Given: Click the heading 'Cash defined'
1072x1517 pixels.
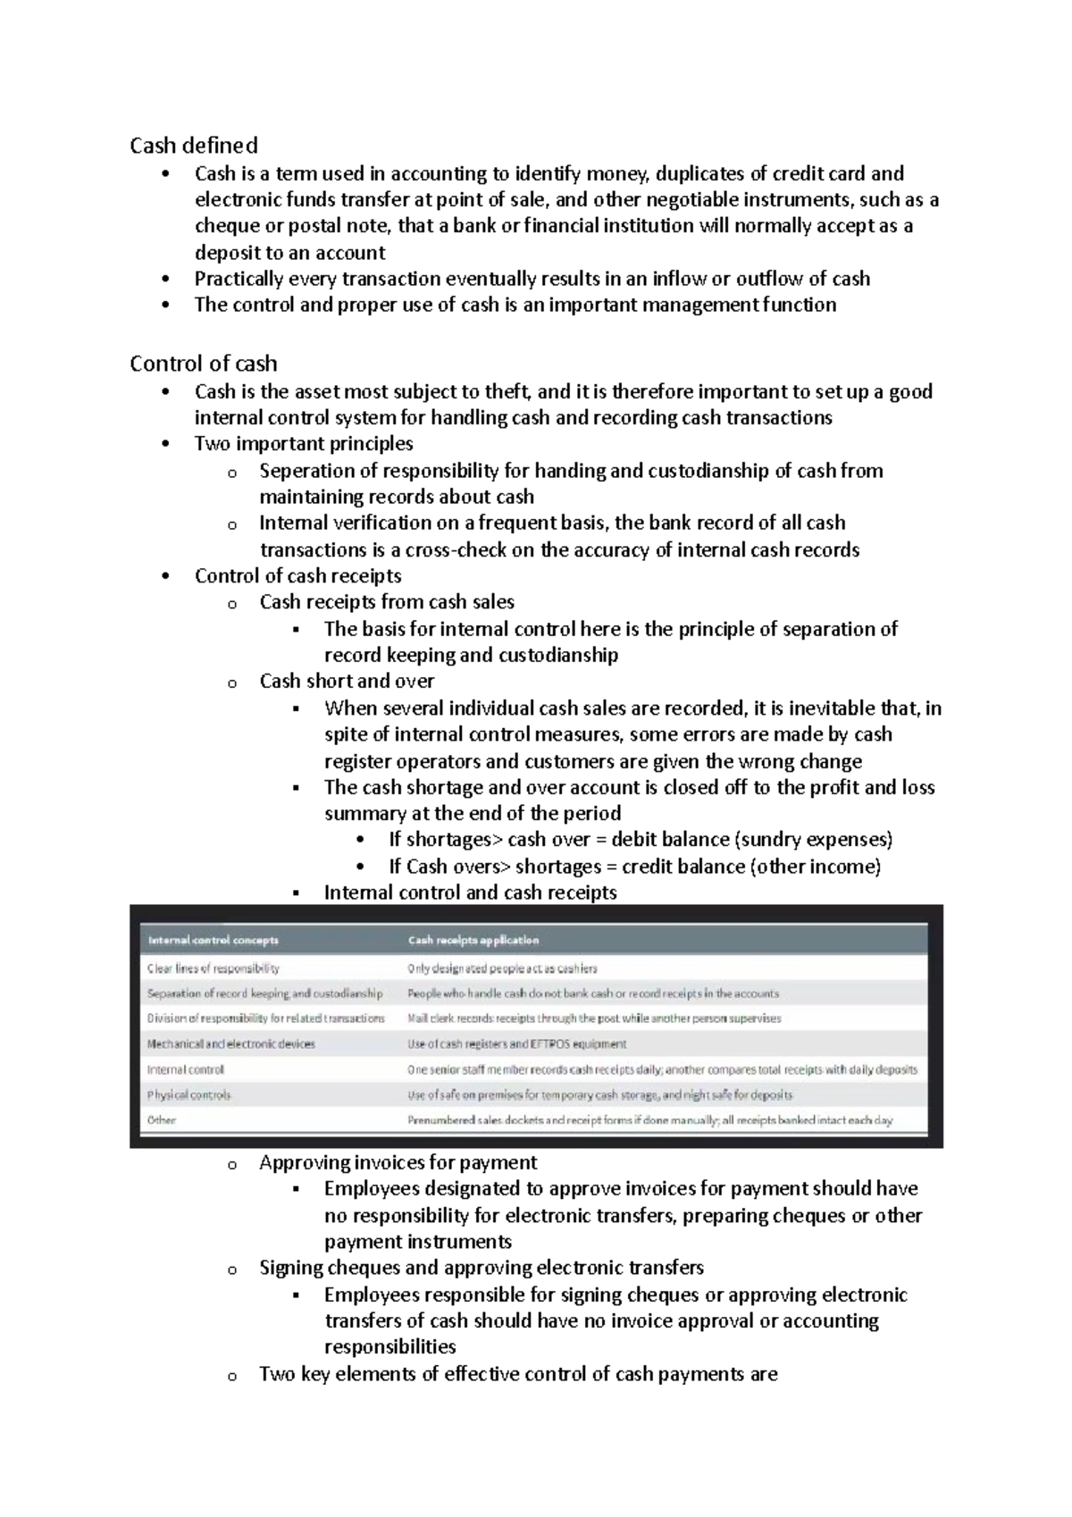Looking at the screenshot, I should click(x=194, y=146).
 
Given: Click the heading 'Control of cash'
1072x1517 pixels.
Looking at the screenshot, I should click(x=204, y=364).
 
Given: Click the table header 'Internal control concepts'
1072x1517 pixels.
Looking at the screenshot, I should click(x=214, y=940).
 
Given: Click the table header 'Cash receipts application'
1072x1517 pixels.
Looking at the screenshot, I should click(x=473, y=940).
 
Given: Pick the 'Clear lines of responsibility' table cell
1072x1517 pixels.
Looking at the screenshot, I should click(x=214, y=968).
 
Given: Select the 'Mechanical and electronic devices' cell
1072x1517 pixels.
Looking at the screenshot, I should click(x=231, y=1043).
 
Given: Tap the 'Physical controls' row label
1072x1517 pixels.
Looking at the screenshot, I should click(x=189, y=1094).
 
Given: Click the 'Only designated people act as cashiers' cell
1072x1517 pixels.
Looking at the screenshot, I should click(x=503, y=968).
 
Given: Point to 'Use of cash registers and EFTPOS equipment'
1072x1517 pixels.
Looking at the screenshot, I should click(x=517, y=1043).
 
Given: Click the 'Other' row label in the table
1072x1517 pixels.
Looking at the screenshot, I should click(x=162, y=1119).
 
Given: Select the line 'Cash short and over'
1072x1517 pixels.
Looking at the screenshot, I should click(x=347, y=682).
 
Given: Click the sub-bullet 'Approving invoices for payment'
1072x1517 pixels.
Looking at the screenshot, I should click(x=398, y=1162).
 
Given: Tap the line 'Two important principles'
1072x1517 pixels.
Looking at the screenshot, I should click(x=304, y=444).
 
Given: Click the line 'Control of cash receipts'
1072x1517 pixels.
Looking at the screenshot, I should click(x=298, y=576).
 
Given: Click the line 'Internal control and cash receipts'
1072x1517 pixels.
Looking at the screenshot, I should click(x=470, y=893).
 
